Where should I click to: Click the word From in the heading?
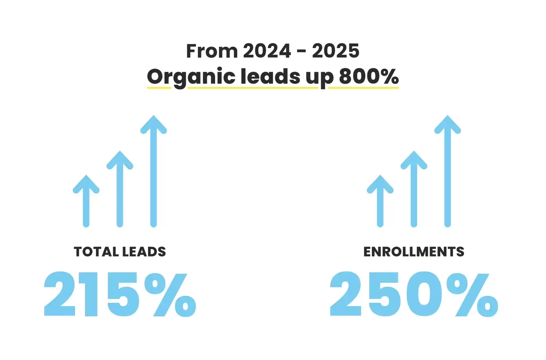pyautogui.click(x=212, y=51)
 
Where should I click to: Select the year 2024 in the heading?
pyautogui.click(x=267, y=51)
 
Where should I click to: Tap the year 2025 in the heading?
pyautogui.click(x=335, y=51)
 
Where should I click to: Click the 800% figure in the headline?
pyautogui.click(x=369, y=77)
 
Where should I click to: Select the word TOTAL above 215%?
pyautogui.click(x=96, y=252)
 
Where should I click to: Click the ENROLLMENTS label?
pyautogui.click(x=414, y=252)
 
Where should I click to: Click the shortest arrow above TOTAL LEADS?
pyautogui.click(x=86, y=201)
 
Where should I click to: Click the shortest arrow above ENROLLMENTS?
pyautogui.click(x=380, y=201)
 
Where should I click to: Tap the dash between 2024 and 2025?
pyautogui.click(x=301, y=52)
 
